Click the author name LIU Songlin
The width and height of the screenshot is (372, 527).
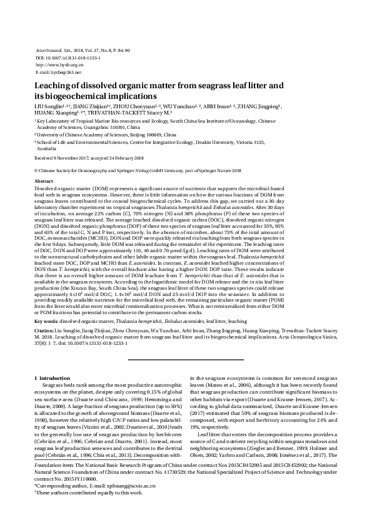tap(50, 108)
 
